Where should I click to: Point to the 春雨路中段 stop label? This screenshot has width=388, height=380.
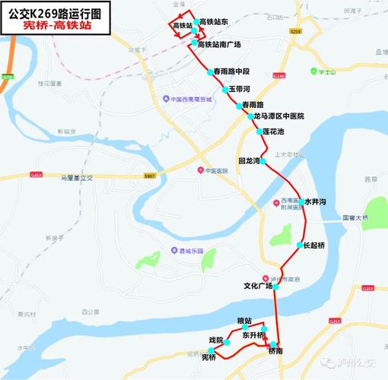pos(231,71)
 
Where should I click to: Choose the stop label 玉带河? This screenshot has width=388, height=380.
pos(240,89)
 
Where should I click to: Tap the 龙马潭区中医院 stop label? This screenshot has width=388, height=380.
pos(278,116)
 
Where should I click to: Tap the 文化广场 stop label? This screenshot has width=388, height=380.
pos(257,287)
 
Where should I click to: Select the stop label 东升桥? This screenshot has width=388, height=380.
pos(253,335)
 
